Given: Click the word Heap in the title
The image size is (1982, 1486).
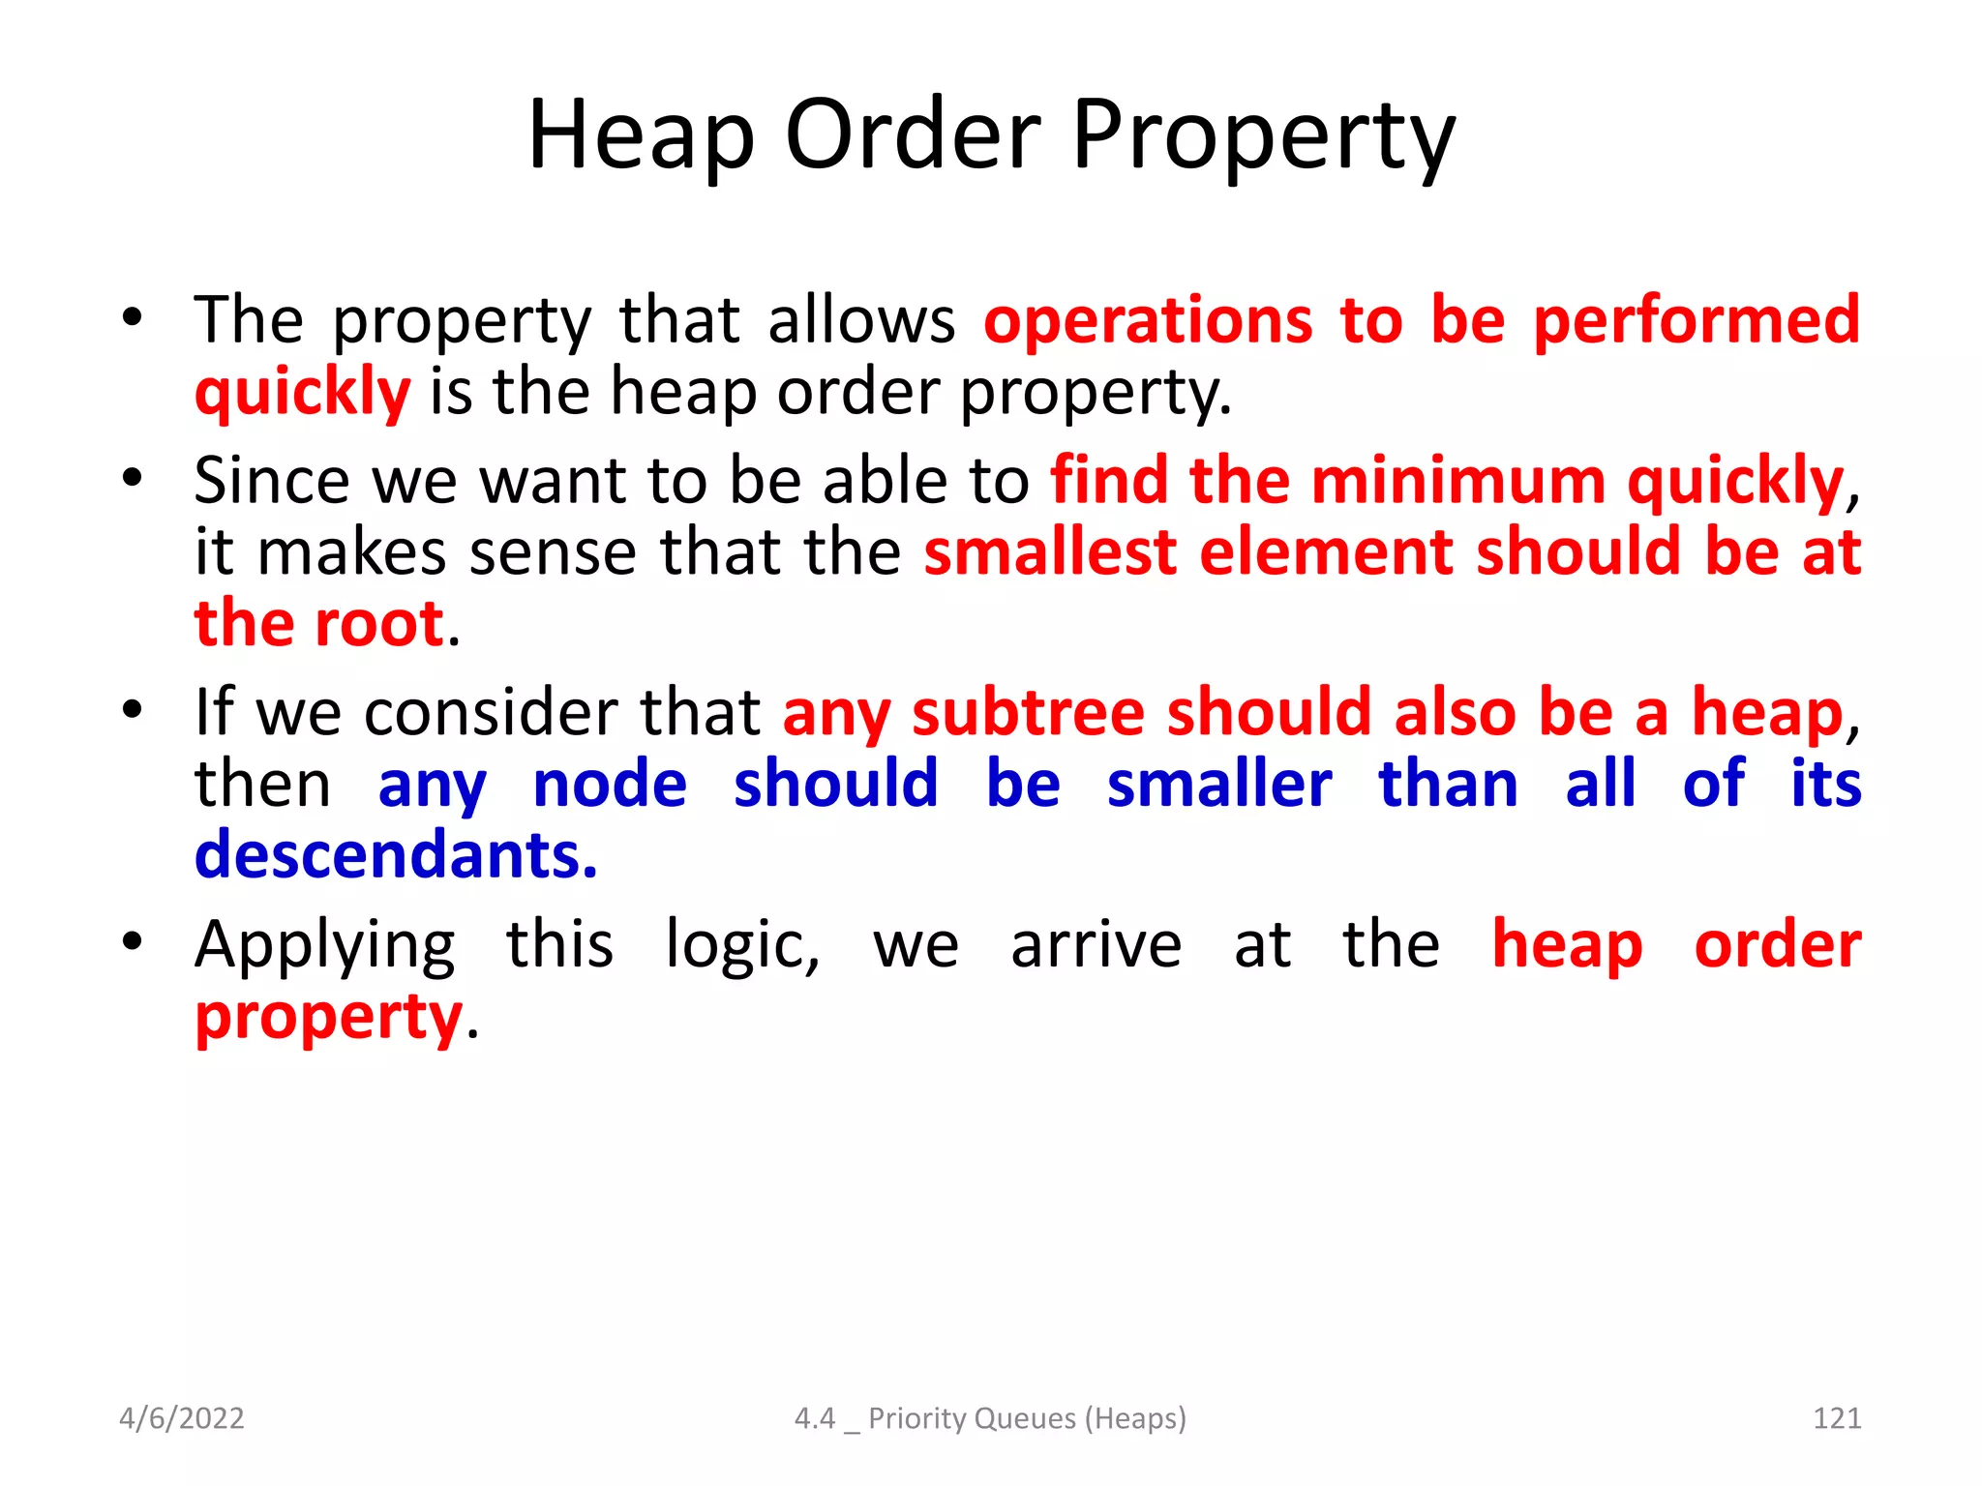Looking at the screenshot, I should click(x=640, y=135).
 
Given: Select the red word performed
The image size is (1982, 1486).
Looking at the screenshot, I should click(x=1697, y=319).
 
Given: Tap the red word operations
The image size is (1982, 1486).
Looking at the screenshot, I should click(x=1149, y=321).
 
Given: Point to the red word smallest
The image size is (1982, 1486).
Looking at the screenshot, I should click(x=1050, y=552).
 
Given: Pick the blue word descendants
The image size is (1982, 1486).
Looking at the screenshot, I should click(x=396, y=855).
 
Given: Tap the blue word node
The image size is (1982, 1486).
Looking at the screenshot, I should click(x=610, y=784).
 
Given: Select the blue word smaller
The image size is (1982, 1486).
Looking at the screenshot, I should click(x=1219, y=784).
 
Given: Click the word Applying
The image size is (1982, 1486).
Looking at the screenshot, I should click(x=325, y=946).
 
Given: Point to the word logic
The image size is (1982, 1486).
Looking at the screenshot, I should click(x=742, y=946).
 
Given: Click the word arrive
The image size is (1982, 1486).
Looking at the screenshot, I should click(x=1096, y=946).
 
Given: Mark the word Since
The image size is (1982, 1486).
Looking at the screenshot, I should click(x=272, y=481).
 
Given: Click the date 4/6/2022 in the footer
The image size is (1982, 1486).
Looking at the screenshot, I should click(x=182, y=1418).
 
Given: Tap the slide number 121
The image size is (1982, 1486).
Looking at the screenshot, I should click(x=1836, y=1418).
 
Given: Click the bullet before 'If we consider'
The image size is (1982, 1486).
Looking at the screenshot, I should click(x=133, y=709).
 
